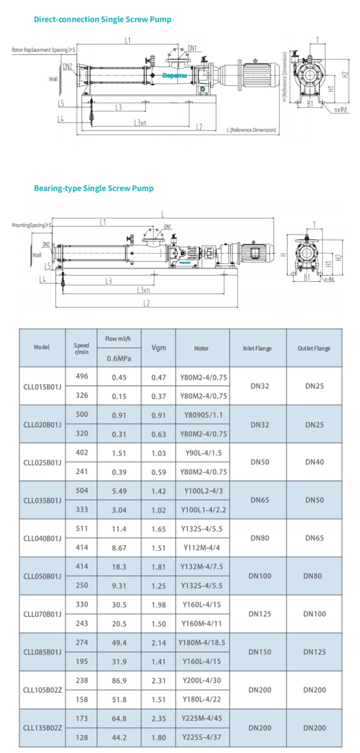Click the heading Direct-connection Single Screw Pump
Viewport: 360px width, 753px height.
click(x=103, y=19)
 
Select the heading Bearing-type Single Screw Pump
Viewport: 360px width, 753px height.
click(x=94, y=188)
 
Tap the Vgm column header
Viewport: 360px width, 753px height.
click(x=159, y=348)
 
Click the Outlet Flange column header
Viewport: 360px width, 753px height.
click(x=314, y=348)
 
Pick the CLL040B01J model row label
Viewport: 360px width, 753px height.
click(x=42, y=538)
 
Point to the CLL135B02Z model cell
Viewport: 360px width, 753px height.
click(x=42, y=728)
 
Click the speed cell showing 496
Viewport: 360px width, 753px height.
click(x=82, y=376)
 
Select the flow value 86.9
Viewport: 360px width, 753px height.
click(x=119, y=681)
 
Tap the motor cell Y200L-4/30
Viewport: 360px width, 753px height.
click(x=202, y=681)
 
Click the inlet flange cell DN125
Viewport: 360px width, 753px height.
click(x=260, y=614)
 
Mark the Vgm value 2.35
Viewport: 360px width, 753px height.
click(x=159, y=719)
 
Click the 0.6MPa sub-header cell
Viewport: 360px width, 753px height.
click(x=119, y=358)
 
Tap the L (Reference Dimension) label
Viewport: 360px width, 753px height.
click(x=251, y=130)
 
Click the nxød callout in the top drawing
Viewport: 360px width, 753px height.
click(x=341, y=110)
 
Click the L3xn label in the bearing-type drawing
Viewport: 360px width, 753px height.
click(x=143, y=290)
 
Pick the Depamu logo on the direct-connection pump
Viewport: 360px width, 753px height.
click(x=175, y=75)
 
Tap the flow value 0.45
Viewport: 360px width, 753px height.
click(x=119, y=377)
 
